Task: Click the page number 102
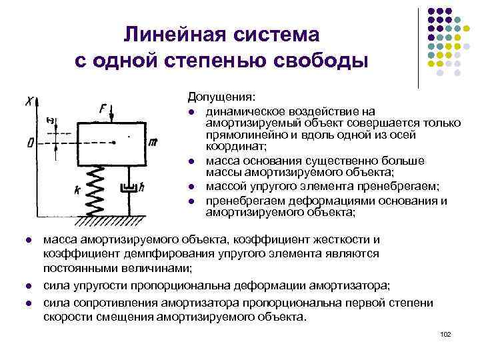click(x=446, y=333)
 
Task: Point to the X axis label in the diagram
click(x=29, y=101)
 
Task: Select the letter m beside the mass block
click(x=153, y=143)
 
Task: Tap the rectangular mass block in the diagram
click(x=112, y=144)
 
